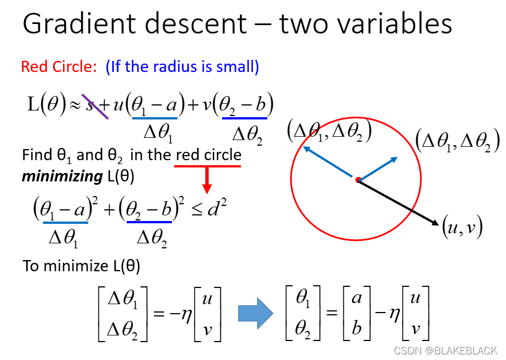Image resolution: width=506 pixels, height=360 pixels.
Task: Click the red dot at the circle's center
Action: [358, 180]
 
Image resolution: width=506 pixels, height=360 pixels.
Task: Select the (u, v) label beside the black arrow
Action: [461, 227]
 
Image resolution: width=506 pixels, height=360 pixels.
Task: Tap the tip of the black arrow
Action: [436, 224]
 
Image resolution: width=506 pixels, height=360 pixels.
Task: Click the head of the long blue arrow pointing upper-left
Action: [306, 148]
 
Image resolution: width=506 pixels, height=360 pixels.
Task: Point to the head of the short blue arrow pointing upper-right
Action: [394, 160]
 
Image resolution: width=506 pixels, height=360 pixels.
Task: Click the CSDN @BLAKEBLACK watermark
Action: [445, 351]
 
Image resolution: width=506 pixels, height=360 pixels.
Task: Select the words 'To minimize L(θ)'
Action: [81, 266]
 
